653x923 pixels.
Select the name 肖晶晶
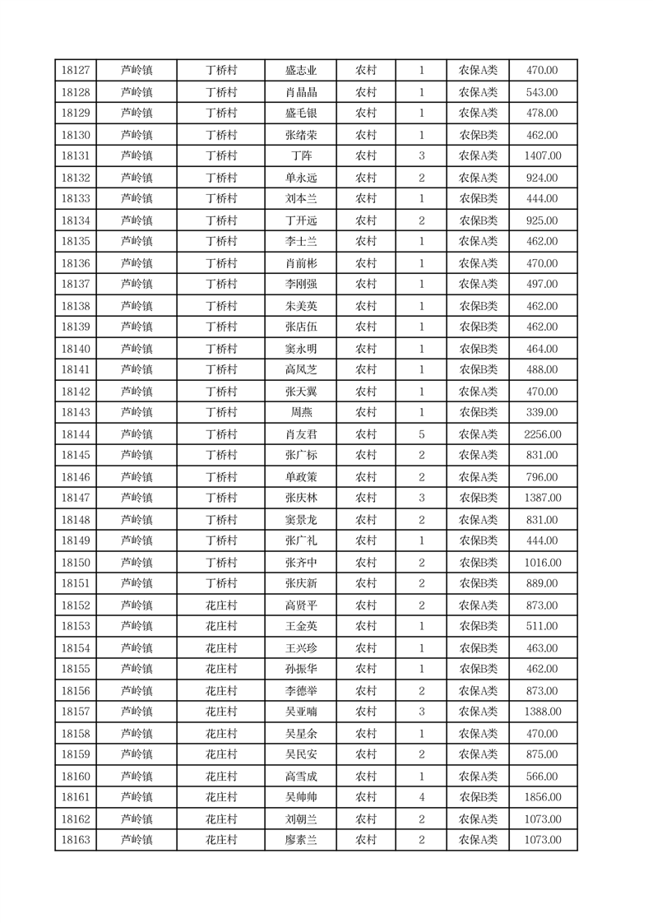click(300, 92)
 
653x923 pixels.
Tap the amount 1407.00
click(543, 156)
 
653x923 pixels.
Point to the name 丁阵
click(300, 156)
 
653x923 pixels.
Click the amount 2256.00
click(543, 434)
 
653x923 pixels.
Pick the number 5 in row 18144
click(421, 434)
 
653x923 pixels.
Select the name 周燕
click(300, 413)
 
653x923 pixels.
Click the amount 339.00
click(543, 413)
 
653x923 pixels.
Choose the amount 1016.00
click(543, 563)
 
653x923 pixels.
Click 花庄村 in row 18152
click(220, 605)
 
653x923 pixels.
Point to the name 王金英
click(300, 627)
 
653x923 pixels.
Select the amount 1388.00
click(543, 712)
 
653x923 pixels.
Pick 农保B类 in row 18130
click(478, 135)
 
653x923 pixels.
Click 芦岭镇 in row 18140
click(137, 349)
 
